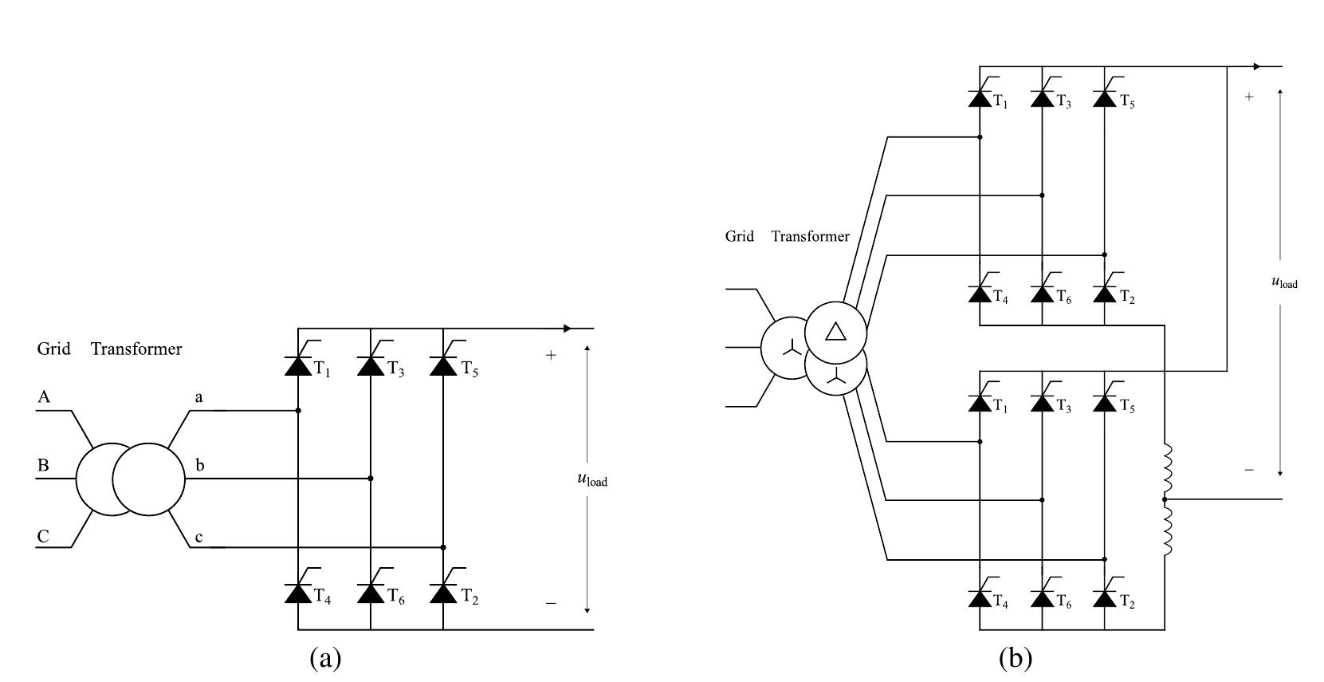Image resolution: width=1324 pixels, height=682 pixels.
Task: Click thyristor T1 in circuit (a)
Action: [x=298, y=365]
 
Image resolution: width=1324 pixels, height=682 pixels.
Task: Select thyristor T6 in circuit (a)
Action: [x=371, y=593]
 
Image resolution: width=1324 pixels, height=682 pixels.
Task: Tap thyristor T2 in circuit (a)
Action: [x=443, y=593]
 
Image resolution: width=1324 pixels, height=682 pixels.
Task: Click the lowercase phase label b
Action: [x=199, y=464]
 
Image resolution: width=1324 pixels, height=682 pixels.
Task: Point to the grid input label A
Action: [x=45, y=397]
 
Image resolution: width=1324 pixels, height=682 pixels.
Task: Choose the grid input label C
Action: [x=44, y=536]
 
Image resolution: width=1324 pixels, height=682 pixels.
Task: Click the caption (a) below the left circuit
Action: [x=325, y=658]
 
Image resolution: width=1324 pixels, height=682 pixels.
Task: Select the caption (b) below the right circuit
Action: [x=1015, y=658]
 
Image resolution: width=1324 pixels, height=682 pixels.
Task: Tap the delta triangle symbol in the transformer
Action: [x=835, y=331]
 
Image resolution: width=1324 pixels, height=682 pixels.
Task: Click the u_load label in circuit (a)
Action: [x=591, y=479]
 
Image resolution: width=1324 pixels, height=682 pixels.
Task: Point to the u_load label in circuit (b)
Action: [x=1283, y=282]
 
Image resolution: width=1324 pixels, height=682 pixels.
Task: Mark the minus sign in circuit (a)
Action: [x=550, y=604]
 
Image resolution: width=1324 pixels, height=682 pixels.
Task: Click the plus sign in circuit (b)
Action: [x=1248, y=97]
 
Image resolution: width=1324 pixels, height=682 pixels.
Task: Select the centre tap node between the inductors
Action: [x=1165, y=499]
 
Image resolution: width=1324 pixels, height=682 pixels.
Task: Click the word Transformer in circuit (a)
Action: [x=136, y=349]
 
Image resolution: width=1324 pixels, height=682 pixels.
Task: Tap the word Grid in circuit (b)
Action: [x=740, y=236]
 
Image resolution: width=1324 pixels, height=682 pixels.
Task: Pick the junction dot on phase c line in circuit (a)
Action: [x=443, y=547]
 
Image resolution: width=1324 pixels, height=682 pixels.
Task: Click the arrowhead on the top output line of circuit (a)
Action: [x=567, y=328]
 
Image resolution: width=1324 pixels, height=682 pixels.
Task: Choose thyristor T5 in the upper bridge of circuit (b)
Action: [x=1105, y=98]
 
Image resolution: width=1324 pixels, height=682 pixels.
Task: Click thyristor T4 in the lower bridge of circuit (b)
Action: [x=980, y=599]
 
